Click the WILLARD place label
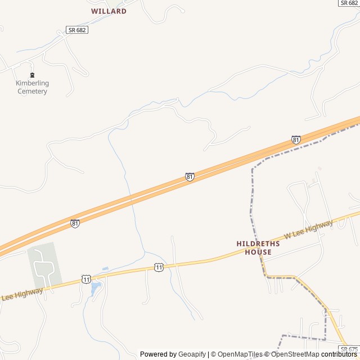pyautogui.click(x=109, y=11)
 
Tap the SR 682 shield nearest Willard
pyautogui.click(x=77, y=30)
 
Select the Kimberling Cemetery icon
pyautogui.click(x=32, y=75)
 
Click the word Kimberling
pyautogui.click(x=32, y=83)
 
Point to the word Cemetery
pyautogui.click(x=32, y=91)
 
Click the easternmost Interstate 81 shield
pyautogui.click(x=296, y=139)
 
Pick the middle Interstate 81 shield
pyautogui.click(x=190, y=177)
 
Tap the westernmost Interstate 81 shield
pyautogui.click(x=75, y=223)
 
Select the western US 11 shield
pyautogui.click(x=85, y=278)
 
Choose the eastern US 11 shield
pyautogui.click(x=159, y=267)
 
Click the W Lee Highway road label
pyautogui.click(x=308, y=228)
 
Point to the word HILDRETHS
pyautogui.click(x=258, y=244)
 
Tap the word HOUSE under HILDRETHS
pyautogui.click(x=258, y=252)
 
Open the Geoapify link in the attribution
pyautogui.click(x=192, y=354)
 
